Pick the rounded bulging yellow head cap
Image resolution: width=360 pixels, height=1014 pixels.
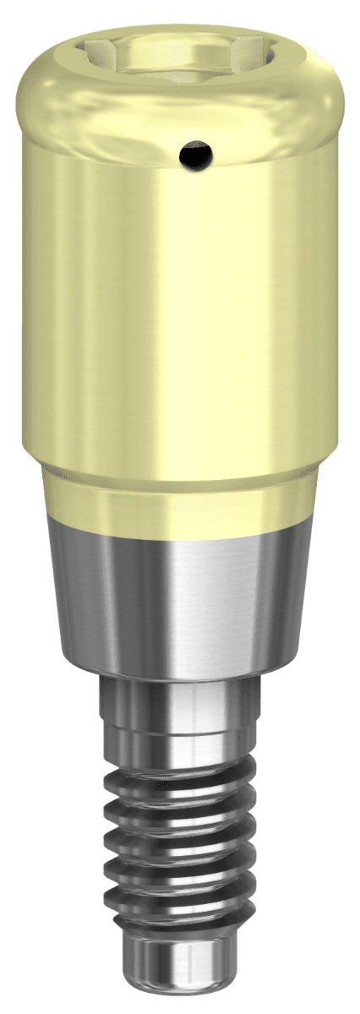[x=180, y=101]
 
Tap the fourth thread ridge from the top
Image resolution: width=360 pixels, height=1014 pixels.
[x=180, y=879]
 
